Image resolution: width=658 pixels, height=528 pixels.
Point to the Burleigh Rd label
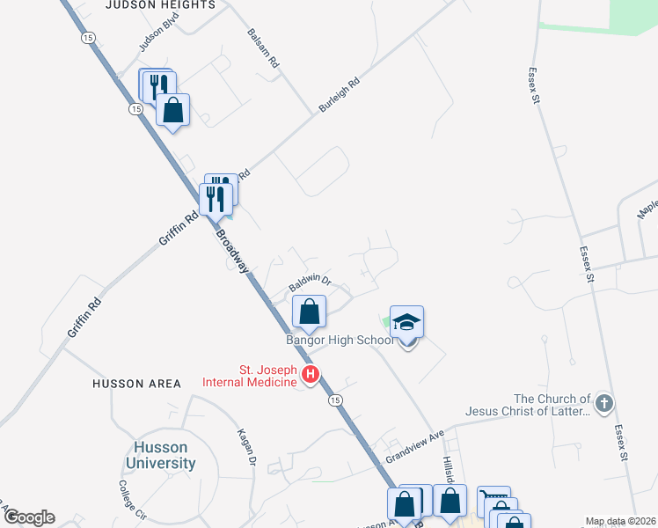[x=340, y=96]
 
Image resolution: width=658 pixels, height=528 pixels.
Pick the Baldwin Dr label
[x=309, y=283]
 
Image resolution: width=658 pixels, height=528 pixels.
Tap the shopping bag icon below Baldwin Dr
[x=309, y=312]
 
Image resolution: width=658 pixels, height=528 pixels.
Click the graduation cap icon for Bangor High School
[x=407, y=323]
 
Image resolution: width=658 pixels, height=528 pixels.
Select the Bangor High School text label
[x=340, y=340]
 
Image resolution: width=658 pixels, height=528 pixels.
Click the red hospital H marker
[x=310, y=376]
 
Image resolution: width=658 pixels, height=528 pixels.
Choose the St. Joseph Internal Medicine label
[x=249, y=376]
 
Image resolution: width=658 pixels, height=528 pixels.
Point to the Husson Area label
[x=137, y=384]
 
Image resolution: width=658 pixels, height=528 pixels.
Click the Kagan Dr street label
[x=246, y=446]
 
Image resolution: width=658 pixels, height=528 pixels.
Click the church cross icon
[x=603, y=403]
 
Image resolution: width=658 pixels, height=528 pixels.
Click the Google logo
[x=28, y=517]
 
